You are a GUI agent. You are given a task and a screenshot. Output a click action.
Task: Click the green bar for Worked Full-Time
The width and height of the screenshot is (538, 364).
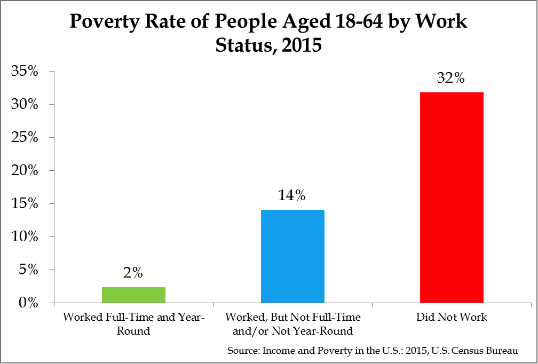133,295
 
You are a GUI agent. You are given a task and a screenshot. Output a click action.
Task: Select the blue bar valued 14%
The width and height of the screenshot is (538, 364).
292,256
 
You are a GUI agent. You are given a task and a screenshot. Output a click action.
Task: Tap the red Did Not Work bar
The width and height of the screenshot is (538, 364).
452,197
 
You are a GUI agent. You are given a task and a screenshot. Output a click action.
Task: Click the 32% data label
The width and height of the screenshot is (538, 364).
452,78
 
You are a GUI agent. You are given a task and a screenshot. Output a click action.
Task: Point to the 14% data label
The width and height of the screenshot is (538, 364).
292,196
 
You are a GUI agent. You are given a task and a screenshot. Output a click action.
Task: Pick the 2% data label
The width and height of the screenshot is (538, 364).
133,273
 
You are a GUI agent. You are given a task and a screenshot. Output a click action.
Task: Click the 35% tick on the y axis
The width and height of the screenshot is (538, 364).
25,72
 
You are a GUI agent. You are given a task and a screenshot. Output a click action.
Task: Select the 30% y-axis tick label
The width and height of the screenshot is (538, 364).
25,105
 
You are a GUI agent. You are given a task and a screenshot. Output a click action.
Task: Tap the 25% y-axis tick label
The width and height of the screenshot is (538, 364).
25,138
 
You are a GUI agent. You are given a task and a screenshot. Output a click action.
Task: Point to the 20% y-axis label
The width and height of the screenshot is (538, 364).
25,171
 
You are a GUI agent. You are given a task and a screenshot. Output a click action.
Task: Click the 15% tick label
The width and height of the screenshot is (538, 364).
25,204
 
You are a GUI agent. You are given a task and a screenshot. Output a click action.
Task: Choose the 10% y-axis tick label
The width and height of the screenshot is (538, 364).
25,237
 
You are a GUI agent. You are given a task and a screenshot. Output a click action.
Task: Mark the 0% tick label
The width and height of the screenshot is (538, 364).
28,303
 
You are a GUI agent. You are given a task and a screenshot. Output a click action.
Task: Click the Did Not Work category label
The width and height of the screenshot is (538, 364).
452,317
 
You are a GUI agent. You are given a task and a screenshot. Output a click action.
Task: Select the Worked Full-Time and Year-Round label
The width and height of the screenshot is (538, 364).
133,324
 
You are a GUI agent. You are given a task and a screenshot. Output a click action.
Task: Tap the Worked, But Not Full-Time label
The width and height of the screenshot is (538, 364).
292,324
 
